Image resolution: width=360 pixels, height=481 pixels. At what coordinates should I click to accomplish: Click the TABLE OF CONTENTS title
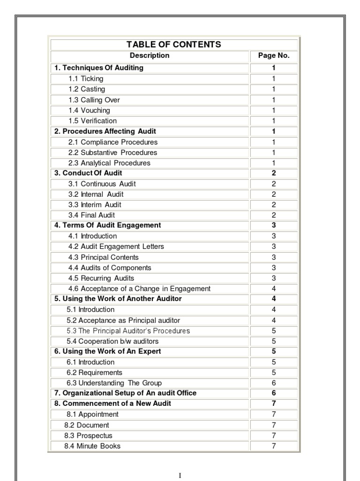pos(173,45)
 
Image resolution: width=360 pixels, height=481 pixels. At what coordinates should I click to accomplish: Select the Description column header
pos(150,55)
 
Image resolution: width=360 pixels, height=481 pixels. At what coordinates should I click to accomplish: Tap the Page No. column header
pos(274,55)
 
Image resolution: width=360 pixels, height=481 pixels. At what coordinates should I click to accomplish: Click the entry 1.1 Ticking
pos(86,78)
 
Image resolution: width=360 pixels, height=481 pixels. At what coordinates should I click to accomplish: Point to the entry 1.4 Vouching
pos(89,110)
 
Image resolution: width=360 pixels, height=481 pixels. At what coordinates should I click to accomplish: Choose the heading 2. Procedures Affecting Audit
pos(105,131)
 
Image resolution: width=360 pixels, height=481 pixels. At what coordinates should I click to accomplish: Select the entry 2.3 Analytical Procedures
pos(109,163)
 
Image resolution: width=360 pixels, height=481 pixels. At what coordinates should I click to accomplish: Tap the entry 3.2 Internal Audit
pos(96,194)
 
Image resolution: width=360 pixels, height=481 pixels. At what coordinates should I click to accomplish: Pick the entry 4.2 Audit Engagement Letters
pos(116,247)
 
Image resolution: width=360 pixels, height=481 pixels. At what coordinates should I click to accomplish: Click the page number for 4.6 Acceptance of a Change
pos(274,289)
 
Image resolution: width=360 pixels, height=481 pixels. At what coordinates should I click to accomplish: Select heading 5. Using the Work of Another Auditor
pos(118,299)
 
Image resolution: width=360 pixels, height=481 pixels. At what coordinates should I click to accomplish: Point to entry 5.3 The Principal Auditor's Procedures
pos(128,331)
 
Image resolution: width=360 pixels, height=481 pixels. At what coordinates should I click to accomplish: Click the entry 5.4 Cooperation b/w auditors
pos(112,341)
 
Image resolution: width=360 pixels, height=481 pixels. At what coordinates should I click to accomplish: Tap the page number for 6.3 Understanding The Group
pos(274,383)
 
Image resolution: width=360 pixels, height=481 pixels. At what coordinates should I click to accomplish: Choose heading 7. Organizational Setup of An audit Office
pos(125,393)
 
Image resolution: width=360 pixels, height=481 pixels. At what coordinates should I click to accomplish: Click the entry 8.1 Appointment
pos(92,414)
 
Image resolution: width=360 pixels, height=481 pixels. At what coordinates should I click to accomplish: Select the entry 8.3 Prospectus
pos(88,435)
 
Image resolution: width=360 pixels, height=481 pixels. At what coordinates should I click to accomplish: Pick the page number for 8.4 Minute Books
pos(274,446)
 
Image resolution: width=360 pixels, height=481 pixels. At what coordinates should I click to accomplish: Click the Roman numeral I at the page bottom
pos(180,475)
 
